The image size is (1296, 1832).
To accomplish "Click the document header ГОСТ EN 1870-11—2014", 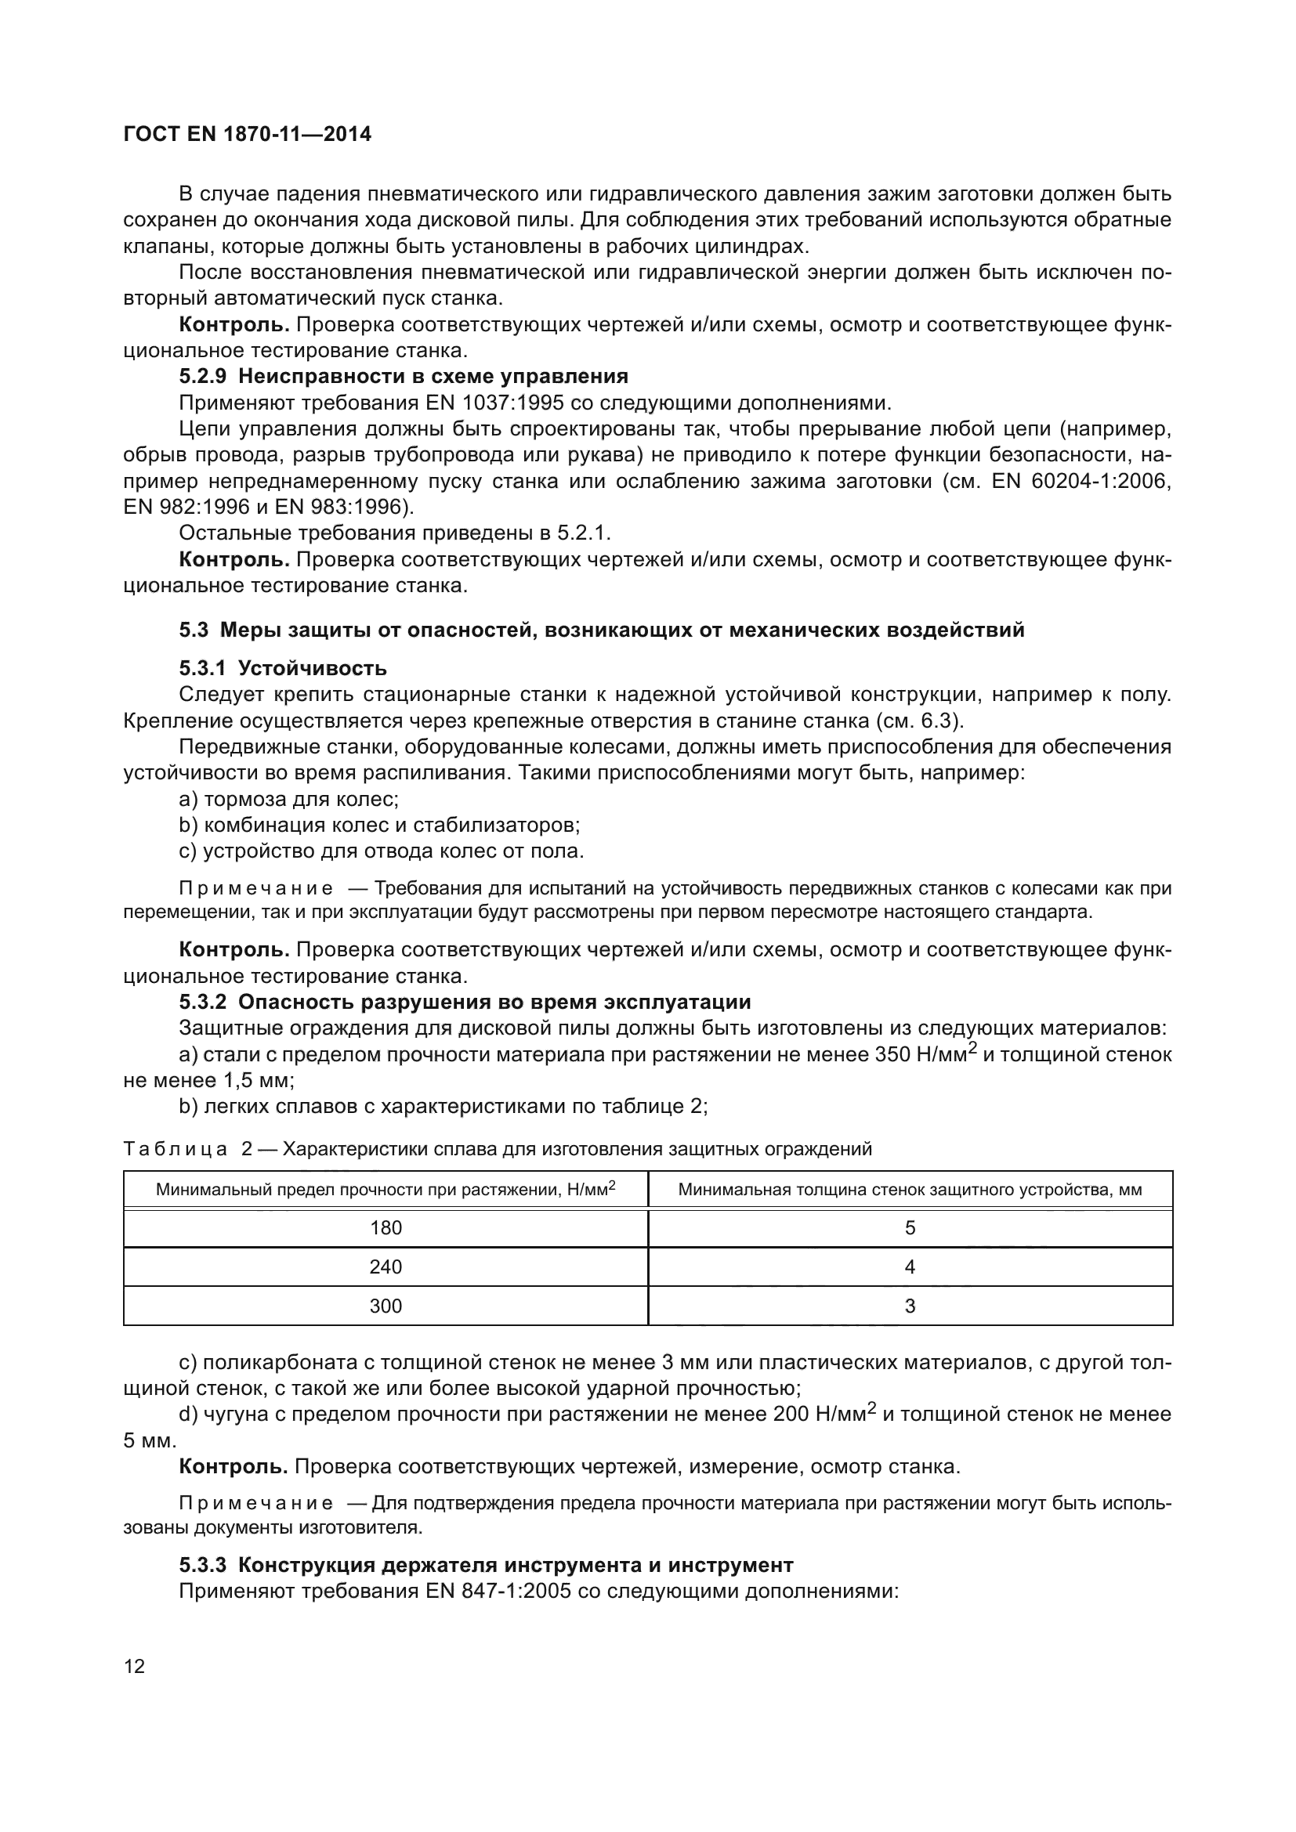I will point(248,134).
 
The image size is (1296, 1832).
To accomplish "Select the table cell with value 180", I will point(386,1228).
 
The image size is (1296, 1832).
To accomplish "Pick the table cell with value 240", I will point(386,1267).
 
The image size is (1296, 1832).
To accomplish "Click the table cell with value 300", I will point(386,1306).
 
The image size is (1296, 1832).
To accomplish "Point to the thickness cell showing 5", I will point(910,1228).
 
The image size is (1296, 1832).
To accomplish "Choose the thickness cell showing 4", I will point(910,1267).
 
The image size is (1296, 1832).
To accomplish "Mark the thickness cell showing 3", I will point(910,1306).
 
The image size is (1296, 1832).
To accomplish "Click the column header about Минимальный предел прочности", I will point(386,1190).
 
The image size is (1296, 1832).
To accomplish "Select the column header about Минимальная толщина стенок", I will point(910,1190).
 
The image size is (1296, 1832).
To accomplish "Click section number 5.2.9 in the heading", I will point(203,377).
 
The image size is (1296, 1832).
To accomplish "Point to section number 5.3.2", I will point(203,1003).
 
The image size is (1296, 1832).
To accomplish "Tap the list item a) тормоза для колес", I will point(289,799).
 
